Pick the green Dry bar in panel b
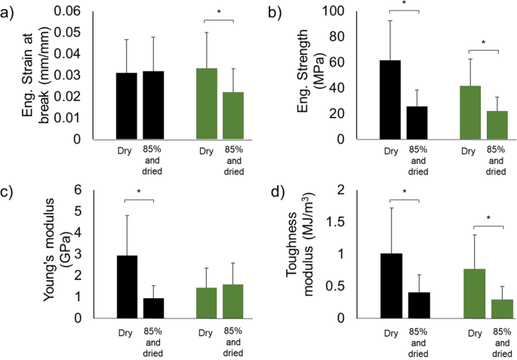[469, 112]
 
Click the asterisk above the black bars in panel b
[404, 5]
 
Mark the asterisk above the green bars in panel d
[488, 219]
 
